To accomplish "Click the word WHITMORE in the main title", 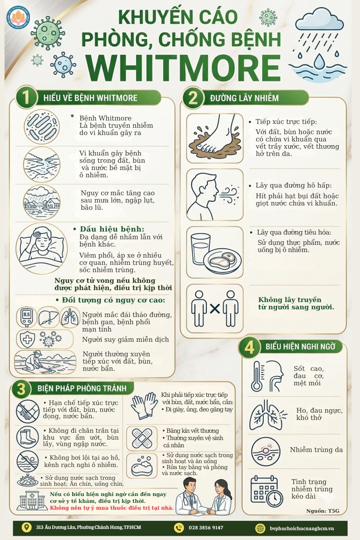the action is [x=184, y=68].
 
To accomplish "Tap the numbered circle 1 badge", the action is [x=27, y=98].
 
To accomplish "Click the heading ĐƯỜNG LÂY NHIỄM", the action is [x=244, y=98].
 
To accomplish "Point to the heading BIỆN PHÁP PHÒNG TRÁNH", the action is [x=82, y=388].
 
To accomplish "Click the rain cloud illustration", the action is [x=319, y=44].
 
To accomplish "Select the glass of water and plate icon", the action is [x=215, y=252].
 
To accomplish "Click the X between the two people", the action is [x=215, y=308].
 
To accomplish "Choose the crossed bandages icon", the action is [x=142, y=437].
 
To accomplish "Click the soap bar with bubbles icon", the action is [x=142, y=466].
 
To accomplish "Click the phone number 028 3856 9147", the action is [x=206, y=528].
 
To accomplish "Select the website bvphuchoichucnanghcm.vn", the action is [x=302, y=528].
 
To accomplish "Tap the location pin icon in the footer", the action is [x=27, y=527].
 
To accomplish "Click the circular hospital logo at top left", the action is [x=18, y=17].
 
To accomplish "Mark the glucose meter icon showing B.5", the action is [x=27, y=317].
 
